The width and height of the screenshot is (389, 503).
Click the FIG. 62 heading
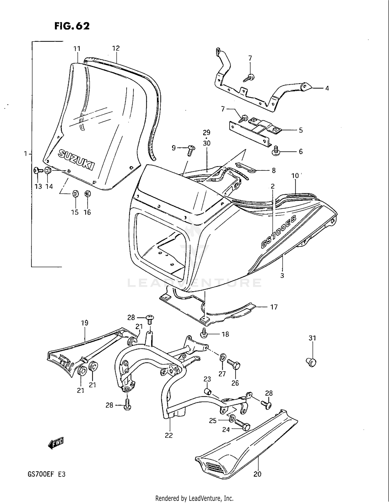72,26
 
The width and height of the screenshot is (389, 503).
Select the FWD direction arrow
56,444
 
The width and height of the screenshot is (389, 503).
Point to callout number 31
312,338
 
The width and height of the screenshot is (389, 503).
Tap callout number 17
274,307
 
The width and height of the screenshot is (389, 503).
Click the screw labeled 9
191,150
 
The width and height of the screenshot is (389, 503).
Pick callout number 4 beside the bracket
327,88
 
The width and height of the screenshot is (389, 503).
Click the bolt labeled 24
243,425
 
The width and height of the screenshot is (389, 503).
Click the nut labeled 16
87,194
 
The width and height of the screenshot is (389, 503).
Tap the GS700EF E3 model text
46,474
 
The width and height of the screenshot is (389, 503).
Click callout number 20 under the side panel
257,474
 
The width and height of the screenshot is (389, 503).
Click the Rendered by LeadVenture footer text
194,498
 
